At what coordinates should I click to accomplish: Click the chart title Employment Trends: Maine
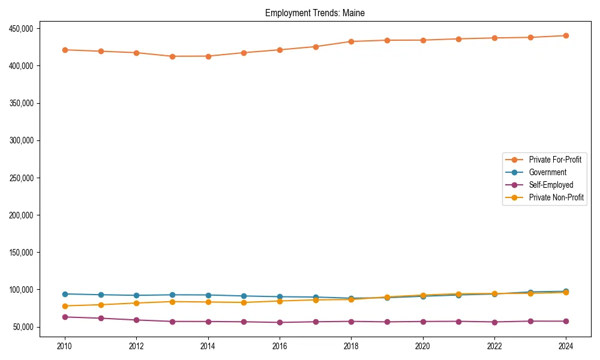click(x=314, y=13)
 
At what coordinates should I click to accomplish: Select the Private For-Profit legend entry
click(x=555, y=160)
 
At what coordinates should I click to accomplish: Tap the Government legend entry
click(x=547, y=172)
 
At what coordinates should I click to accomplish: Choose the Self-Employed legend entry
click(x=551, y=185)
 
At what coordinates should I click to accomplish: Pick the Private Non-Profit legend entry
click(x=556, y=197)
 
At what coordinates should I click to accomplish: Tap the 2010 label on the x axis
click(x=65, y=346)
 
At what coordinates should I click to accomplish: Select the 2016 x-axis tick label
click(x=280, y=346)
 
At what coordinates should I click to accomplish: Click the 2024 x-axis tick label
click(x=566, y=346)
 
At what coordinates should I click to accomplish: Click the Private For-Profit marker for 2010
click(x=65, y=50)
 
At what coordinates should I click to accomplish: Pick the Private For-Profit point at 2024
click(x=566, y=35)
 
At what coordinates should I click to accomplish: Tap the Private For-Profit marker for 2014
click(x=208, y=56)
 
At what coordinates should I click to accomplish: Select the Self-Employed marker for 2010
click(x=65, y=317)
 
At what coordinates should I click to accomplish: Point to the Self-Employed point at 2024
click(x=566, y=321)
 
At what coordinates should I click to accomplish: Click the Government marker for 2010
click(x=65, y=294)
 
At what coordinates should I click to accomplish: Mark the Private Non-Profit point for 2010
click(x=65, y=306)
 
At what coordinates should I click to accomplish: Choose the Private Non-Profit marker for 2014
click(x=208, y=302)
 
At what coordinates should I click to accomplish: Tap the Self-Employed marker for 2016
click(x=280, y=322)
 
